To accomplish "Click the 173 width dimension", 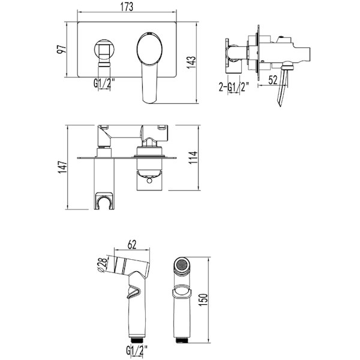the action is point(127,7).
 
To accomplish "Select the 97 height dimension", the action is point(62,49).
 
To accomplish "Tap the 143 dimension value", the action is point(191,62).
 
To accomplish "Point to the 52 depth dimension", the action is point(273,80).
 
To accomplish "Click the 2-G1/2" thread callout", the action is point(234,87).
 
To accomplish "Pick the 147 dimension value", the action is point(62,167).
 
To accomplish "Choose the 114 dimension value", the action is point(193,157).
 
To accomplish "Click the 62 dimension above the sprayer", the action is point(132,244).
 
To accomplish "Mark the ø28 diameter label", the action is point(103,265).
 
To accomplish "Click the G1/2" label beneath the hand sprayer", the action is point(137,350).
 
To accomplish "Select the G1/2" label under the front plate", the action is point(104,83).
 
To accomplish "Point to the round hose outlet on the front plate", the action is point(104,50).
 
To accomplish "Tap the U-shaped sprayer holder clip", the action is point(104,201).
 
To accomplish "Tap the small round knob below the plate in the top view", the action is point(149,181).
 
